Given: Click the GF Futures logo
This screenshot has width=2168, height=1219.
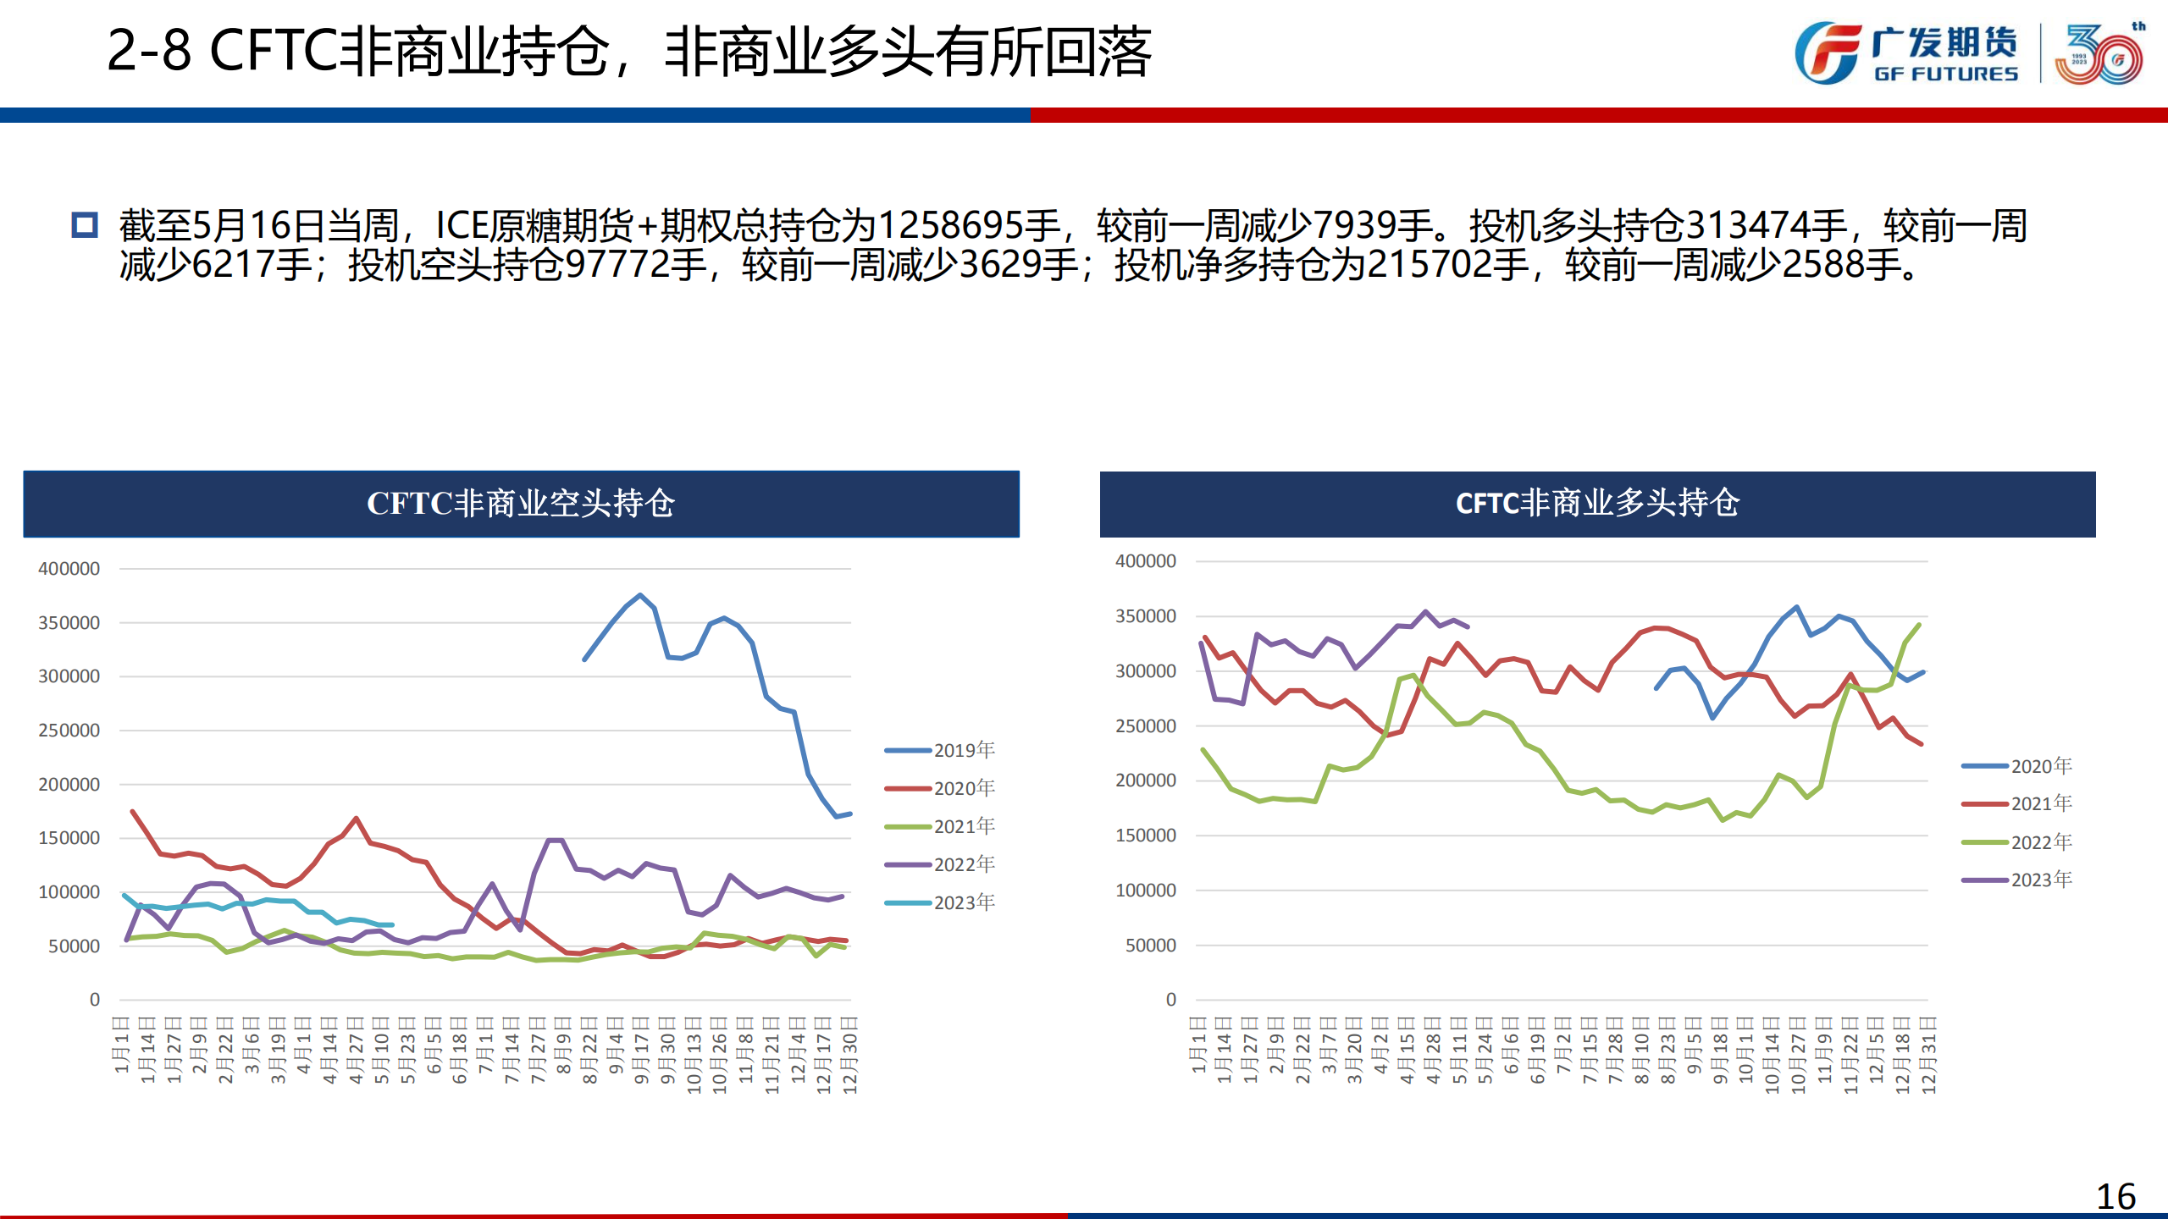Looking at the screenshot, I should [1905, 52].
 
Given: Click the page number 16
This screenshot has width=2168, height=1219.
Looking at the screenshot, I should [2115, 1196].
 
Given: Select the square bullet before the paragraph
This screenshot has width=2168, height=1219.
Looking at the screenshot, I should [85, 225].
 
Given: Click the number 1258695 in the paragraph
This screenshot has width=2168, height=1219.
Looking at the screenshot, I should [950, 226].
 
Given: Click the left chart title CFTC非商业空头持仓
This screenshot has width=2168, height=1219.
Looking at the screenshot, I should [521, 504].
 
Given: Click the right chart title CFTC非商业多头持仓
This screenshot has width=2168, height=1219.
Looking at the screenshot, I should [1597, 504].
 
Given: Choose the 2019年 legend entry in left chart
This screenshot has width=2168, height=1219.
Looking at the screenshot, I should [940, 750].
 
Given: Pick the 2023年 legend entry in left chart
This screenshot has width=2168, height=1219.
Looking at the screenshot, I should [940, 902].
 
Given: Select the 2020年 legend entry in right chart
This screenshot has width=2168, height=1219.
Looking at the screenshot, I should [2017, 766].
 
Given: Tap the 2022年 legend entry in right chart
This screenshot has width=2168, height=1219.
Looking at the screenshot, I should [2017, 842].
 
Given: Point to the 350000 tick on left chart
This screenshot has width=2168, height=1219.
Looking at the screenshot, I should [69, 623].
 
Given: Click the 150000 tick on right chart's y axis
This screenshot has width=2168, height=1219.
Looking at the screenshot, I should [1146, 836].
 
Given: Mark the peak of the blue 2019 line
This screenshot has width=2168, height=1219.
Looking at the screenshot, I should [640, 595].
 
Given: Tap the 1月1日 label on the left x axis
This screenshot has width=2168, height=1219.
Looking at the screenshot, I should [122, 1045].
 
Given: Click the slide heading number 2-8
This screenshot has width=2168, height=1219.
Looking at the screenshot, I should [149, 51].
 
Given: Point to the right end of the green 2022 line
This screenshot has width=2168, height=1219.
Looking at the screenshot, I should [1919, 625].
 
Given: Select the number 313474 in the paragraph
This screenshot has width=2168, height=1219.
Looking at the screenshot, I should [1767, 226].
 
